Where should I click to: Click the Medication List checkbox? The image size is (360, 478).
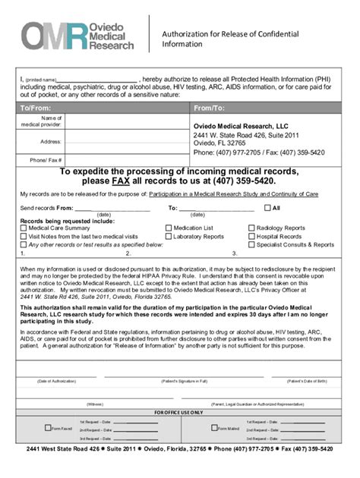coord(169,228)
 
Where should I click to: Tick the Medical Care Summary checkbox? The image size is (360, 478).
coord(24,228)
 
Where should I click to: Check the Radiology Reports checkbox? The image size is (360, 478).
coord(251,228)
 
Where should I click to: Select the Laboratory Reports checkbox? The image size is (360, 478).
coord(169,236)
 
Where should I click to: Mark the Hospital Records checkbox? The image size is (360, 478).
coord(251,236)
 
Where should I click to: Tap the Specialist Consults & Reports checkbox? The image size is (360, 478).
coord(251,244)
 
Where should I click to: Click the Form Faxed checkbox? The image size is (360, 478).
coord(24,429)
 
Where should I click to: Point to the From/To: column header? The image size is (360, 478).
coord(210,108)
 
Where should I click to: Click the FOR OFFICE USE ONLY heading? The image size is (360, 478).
coord(179,412)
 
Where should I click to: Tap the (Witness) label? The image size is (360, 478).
coord(95,404)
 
